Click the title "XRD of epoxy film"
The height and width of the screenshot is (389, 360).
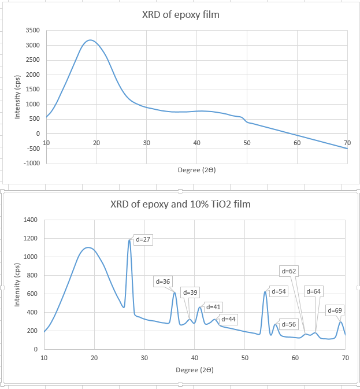pos(180,14)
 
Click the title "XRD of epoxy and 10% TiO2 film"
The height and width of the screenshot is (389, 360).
pos(180,204)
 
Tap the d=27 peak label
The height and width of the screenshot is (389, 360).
pos(143,239)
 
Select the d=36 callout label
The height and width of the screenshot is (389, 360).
pos(163,281)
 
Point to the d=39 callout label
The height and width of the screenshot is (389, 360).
pos(190,292)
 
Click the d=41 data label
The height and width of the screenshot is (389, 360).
pos(213,306)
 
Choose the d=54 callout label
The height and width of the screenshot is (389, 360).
pos(279,291)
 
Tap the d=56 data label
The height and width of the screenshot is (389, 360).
pos(288,324)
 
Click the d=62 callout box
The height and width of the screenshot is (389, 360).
pos(288,271)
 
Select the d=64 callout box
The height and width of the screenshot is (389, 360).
pos(313,291)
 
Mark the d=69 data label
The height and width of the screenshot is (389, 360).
pos(335,310)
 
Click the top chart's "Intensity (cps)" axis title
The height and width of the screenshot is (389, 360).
pos(18,97)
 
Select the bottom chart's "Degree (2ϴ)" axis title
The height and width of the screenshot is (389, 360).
pos(194,369)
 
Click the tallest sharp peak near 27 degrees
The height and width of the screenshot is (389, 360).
pos(129,240)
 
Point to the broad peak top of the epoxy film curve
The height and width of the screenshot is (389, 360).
pos(90,40)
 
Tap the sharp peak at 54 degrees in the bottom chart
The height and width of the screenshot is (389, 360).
pos(265,291)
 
